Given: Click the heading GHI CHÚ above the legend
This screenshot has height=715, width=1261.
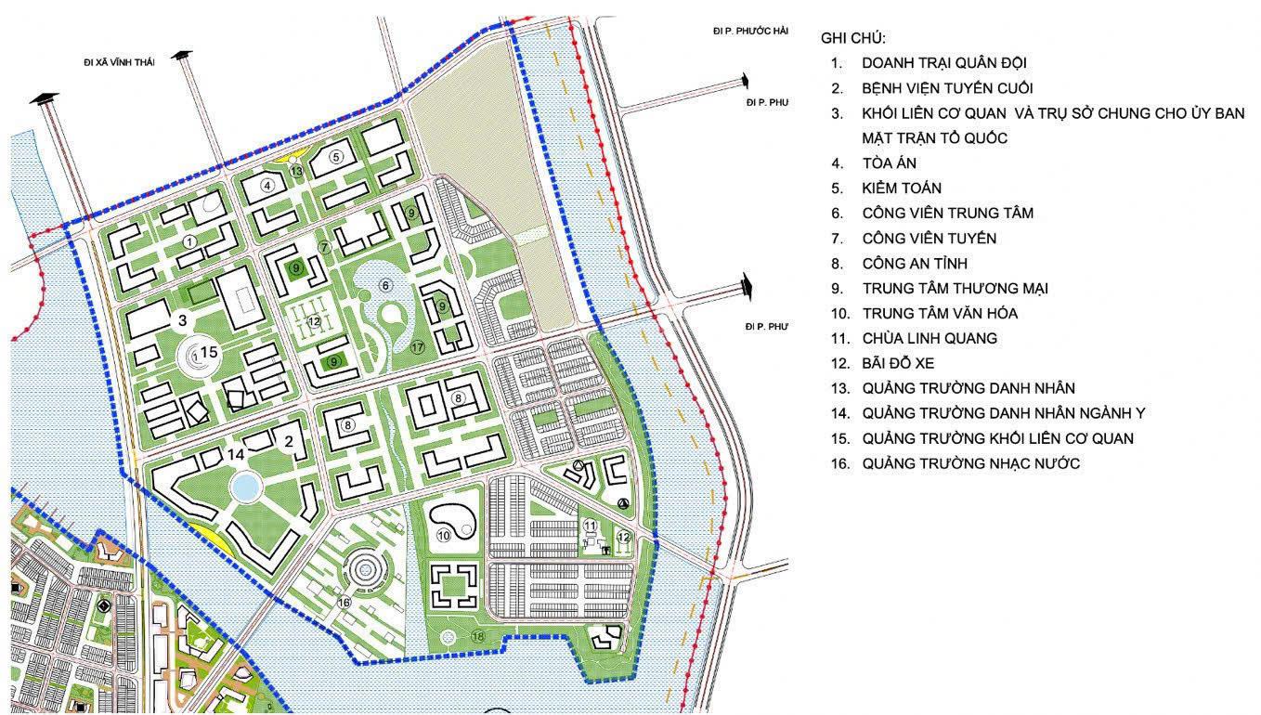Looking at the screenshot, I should click(853, 38).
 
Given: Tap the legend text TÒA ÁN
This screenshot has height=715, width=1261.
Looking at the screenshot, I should click(889, 162).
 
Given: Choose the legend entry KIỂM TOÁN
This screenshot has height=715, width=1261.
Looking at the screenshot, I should click(901, 188).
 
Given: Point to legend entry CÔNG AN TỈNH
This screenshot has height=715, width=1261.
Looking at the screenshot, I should click(916, 263).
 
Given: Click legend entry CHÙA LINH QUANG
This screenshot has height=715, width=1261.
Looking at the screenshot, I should click(929, 338).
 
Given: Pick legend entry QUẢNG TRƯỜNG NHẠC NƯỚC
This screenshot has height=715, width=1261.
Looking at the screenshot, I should click(970, 463).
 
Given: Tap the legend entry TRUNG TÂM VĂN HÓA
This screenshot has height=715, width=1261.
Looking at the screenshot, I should click(939, 313).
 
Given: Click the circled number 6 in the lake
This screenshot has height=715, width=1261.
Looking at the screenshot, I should click(385, 285).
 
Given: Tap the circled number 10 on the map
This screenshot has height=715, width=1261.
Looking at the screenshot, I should click(444, 536).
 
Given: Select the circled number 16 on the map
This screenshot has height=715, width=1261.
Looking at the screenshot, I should click(344, 602).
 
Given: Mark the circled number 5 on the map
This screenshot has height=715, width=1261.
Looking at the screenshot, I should click(336, 156).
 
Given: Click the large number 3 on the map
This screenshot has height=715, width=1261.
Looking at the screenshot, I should click(183, 320).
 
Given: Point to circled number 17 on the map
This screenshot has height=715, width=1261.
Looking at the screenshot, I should click(417, 347).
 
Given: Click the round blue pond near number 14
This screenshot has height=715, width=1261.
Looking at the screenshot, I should click(245, 485).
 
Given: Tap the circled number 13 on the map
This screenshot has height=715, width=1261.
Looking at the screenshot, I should click(296, 171).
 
